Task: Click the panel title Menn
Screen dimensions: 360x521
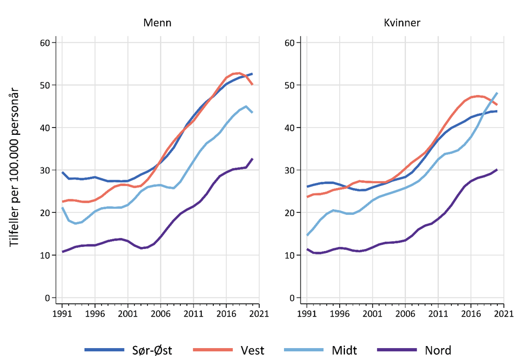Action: (x=157, y=23)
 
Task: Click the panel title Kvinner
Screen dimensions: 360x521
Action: (x=402, y=23)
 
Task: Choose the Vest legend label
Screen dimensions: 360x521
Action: (x=252, y=351)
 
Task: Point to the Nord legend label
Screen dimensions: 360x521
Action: (x=437, y=351)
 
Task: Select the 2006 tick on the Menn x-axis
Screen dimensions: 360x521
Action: (x=161, y=313)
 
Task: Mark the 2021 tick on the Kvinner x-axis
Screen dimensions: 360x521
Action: (x=503, y=313)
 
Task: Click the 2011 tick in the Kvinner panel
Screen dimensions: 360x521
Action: (x=438, y=313)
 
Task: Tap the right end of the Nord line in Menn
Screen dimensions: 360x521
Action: (x=252, y=159)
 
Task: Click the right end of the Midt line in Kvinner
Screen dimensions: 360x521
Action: (x=497, y=93)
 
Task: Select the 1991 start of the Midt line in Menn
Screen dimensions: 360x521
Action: (x=62, y=208)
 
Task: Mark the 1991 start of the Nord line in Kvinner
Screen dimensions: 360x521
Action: (x=307, y=249)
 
